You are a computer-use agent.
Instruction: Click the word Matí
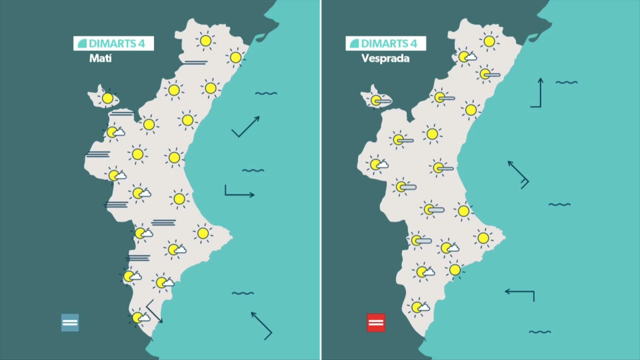tap(100, 58)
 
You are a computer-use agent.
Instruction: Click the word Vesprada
tap(385, 58)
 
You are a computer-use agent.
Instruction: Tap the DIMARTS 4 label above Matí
tap(114, 43)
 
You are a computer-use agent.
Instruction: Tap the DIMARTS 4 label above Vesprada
tap(386, 43)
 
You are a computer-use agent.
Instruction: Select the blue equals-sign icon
tap(70, 322)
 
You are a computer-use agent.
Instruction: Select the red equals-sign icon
tap(376, 322)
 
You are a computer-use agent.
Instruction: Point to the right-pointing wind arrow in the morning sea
tap(239, 192)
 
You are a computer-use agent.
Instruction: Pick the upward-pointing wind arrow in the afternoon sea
tap(537, 93)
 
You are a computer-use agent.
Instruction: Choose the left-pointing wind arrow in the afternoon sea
tap(520, 294)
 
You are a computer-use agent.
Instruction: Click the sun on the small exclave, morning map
tap(107, 98)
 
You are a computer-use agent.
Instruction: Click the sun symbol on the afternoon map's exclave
tap(376, 100)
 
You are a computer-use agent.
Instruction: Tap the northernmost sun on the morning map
tap(206, 40)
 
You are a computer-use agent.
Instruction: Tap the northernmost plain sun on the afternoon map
tap(489, 41)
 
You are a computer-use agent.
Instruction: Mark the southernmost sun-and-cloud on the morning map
tap(139, 318)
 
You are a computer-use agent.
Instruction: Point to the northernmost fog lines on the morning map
tap(196, 62)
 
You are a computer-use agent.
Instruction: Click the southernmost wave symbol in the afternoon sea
tap(540, 332)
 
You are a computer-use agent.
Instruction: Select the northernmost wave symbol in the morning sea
tap(266, 94)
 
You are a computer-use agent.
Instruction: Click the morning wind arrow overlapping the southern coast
tap(154, 311)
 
